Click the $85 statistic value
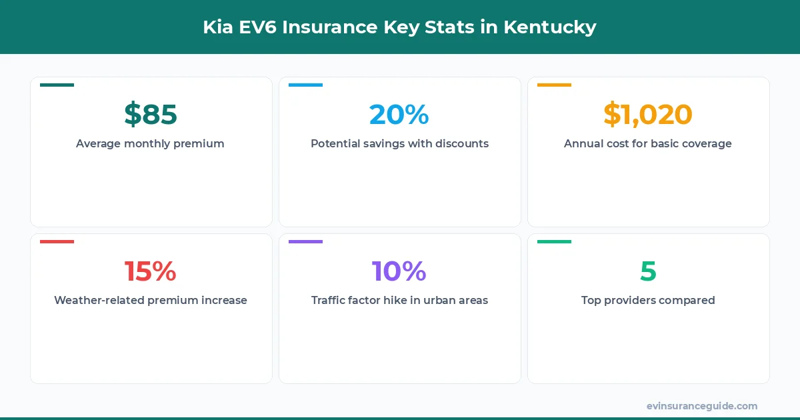(x=151, y=115)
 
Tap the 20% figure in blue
(x=399, y=115)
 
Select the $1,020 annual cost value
(x=648, y=115)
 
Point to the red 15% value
(x=151, y=271)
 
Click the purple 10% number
(x=399, y=271)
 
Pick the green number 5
(x=648, y=271)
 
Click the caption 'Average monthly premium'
(x=150, y=143)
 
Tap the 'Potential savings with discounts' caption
(x=399, y=143)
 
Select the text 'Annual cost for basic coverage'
(x=648, y=143)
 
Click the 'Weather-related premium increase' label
(x=151, y=300)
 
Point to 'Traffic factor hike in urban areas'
(x=399, y=300)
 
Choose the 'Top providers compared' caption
(x=648, y=300)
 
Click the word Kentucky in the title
(x=550, y=27)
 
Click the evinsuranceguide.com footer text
(x=702, y=405)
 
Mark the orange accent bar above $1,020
(x=554, y=85)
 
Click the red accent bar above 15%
(x=57, y=242)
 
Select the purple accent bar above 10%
(x=305, y=242)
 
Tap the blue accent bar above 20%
(x=305, y=85)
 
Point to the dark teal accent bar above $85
(x=57, y=85)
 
